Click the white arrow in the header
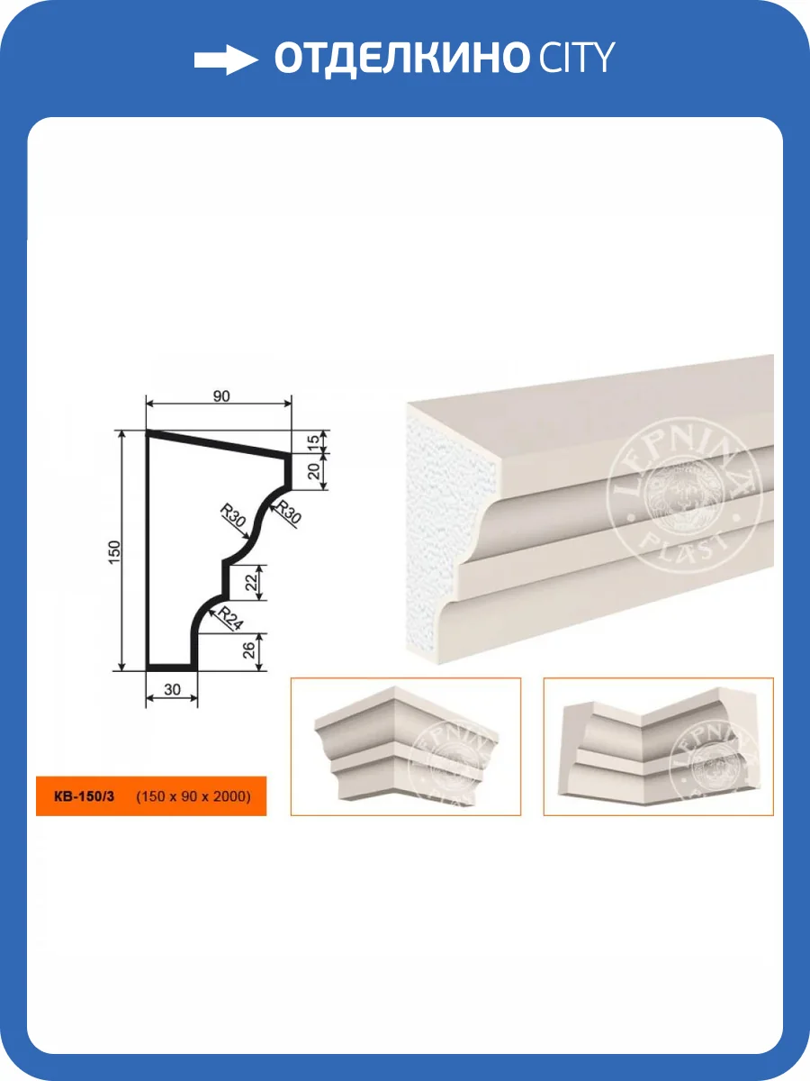tap(226, 59)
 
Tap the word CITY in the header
tap(576, 57)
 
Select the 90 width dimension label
tap(221, 396)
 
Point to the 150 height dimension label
tap(113, 552)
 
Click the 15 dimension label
tap(314, 441)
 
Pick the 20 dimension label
tap(314, 471)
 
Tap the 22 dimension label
tap(251, 583)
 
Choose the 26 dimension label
tap(249, 650)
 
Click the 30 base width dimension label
tap(172, 689)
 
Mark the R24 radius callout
tap(230, 619)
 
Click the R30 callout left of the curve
tap(232, 515)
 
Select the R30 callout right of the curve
tap(288, 512)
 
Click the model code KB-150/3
tap(84, 796)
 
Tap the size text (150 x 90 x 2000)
tap(193, 796)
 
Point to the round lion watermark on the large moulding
tap(685, 495)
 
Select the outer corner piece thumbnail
tap(406, 747)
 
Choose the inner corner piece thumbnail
tap(659, 747)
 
